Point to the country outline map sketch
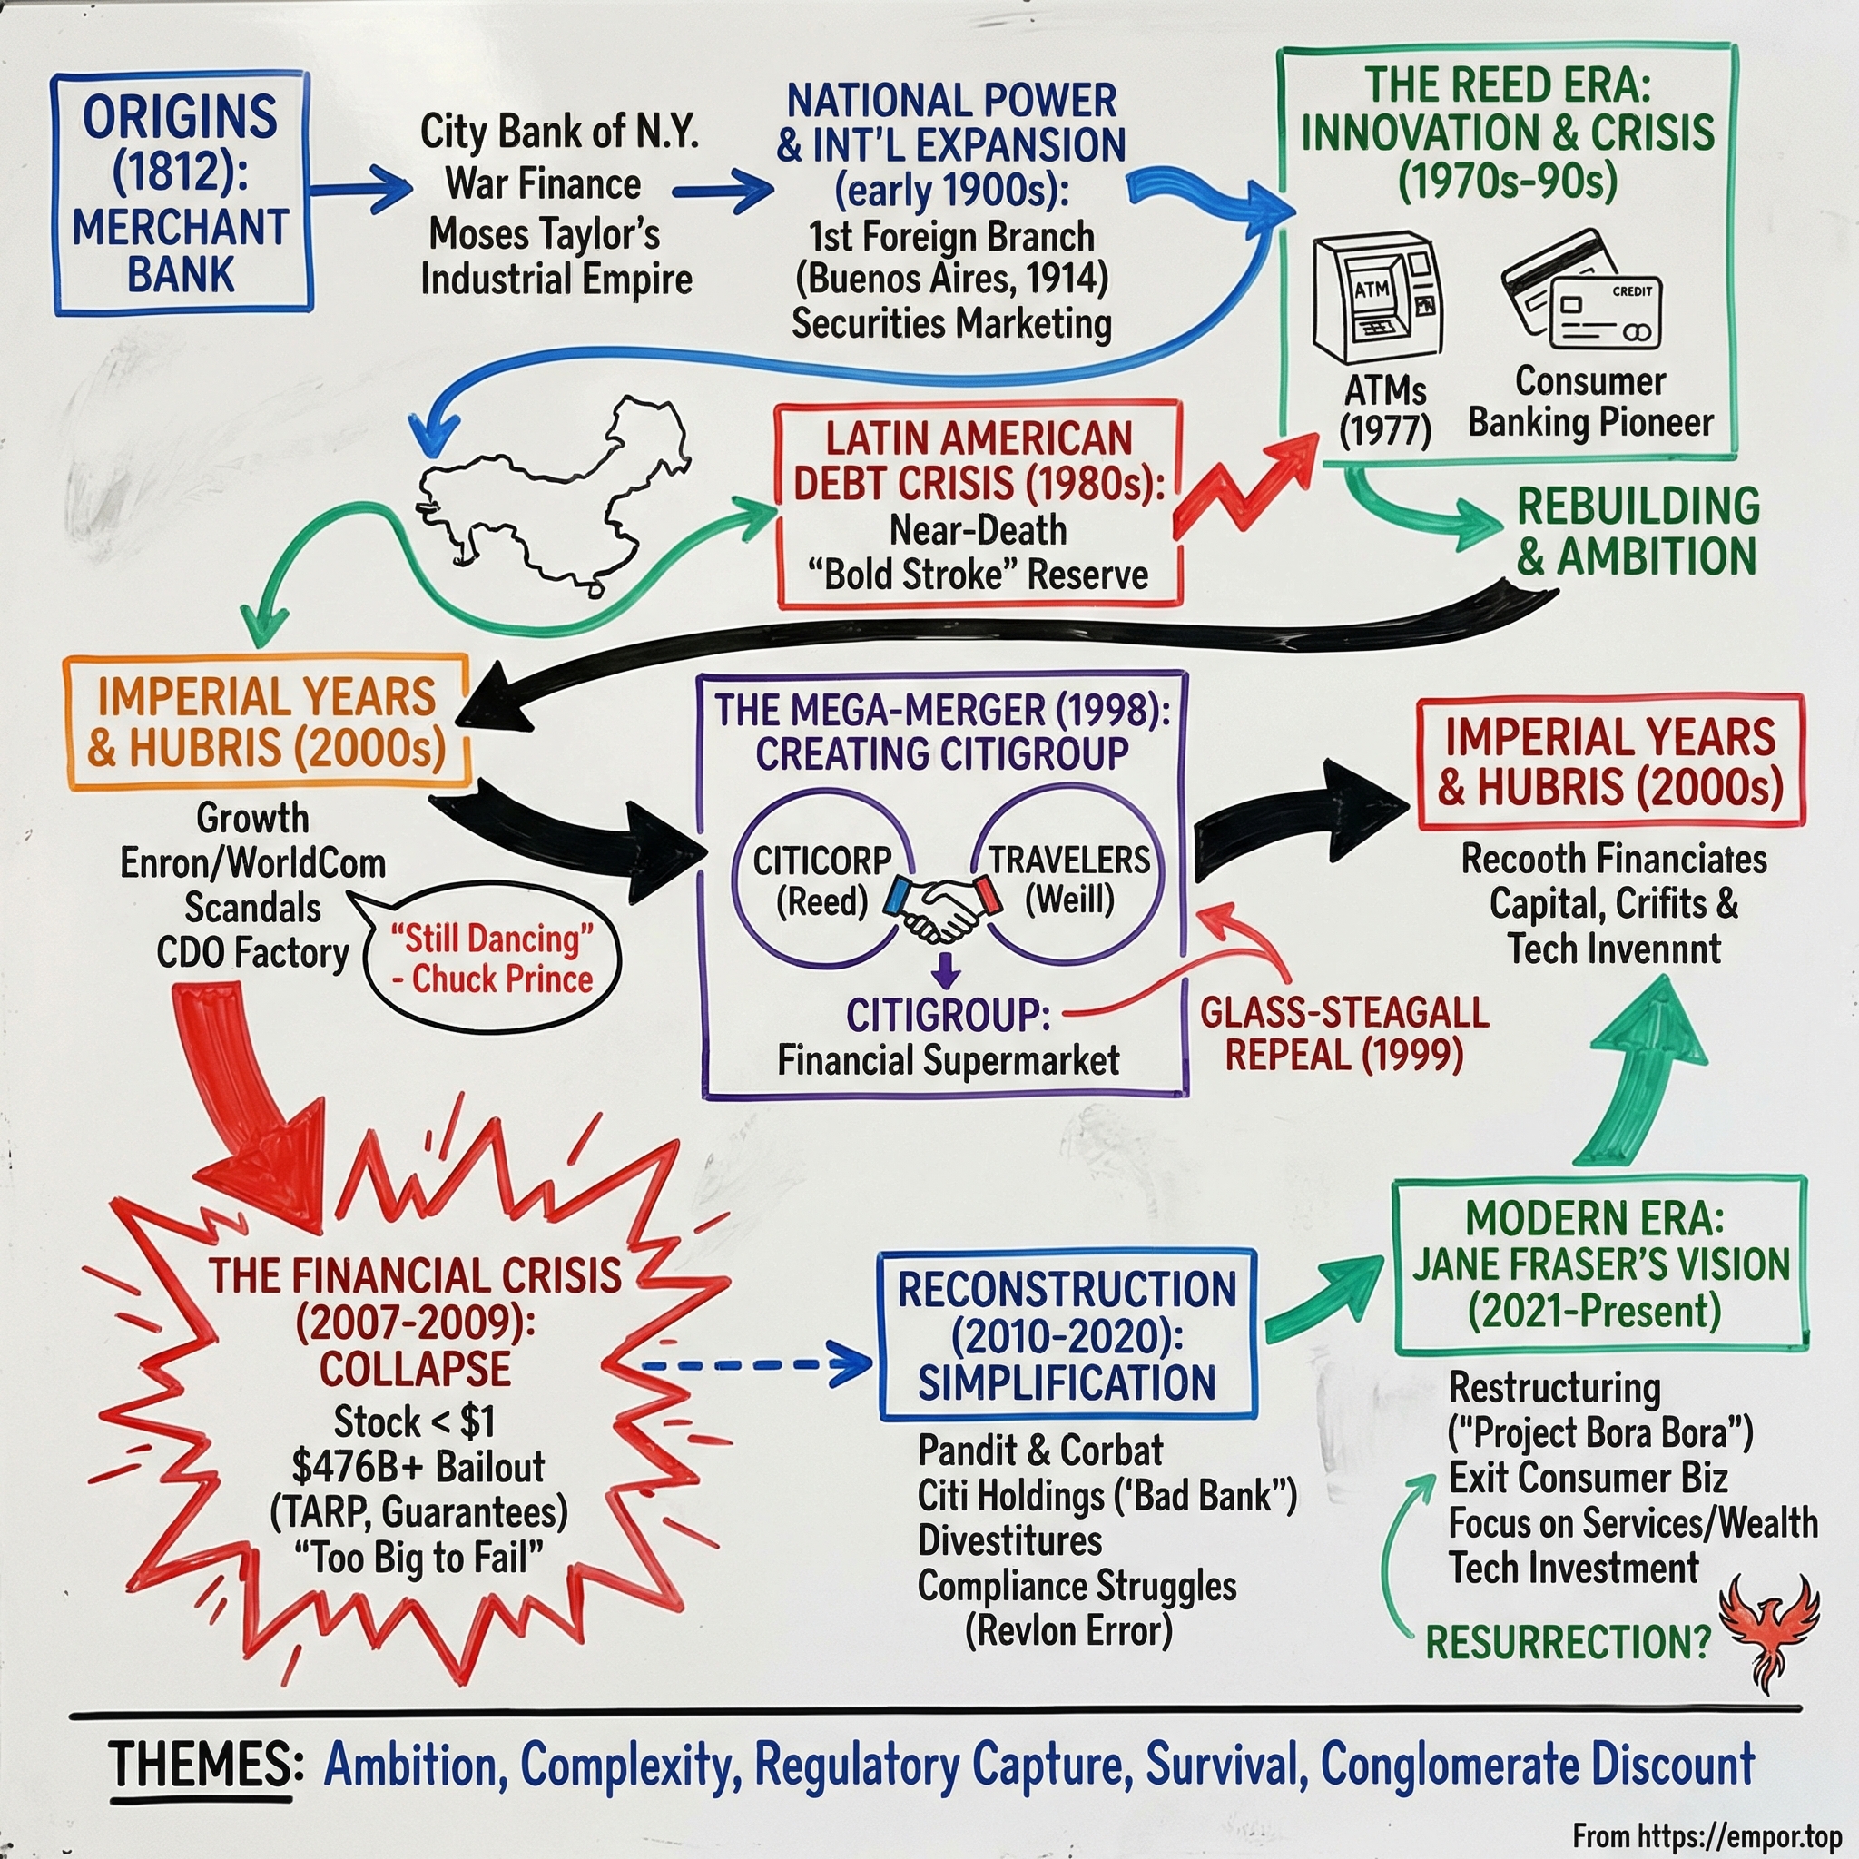tap(558, 496)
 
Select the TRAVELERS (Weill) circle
tap(1068, 880)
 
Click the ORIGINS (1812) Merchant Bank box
tap(182, 193)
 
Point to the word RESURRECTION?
tap(1568, 1641)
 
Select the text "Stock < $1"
tap(415, 1421)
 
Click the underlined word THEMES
tap(200, 1765)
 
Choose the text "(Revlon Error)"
tap(1068, 1630)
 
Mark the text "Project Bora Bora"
tap(1600, 1432)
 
